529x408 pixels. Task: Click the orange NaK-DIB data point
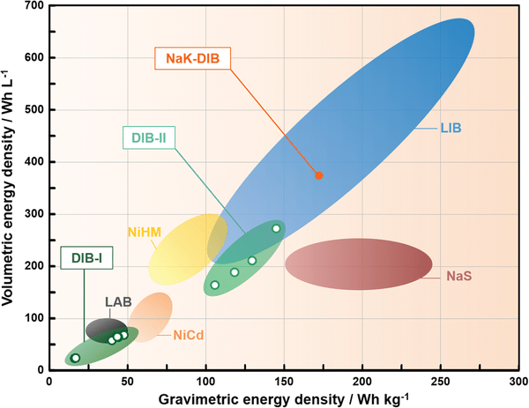tap(319, 175)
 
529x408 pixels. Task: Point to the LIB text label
tap(451, 128)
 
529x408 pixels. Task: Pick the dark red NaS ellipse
tap(358, 264)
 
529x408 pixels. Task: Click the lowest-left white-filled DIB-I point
tap(76, 358)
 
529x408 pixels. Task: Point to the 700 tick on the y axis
tap(35, 7)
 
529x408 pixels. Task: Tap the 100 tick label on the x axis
tap(205, 380)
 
